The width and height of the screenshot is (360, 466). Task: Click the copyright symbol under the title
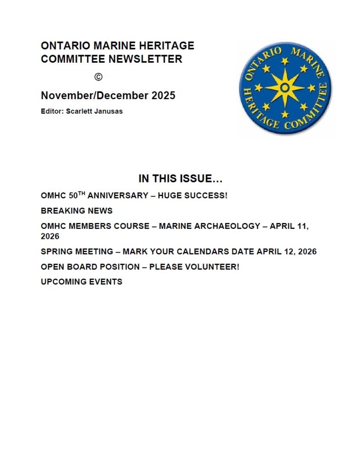[98, 77]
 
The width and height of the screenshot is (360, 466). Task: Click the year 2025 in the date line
[163, 96]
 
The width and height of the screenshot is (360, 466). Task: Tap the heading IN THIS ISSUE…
[180, 178]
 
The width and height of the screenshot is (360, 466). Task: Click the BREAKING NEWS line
[76, 211]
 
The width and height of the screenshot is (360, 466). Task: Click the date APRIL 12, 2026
[286, 252]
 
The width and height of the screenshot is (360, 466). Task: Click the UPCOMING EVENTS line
[81, 282]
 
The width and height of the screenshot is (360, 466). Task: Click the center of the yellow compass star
[285, 87]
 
